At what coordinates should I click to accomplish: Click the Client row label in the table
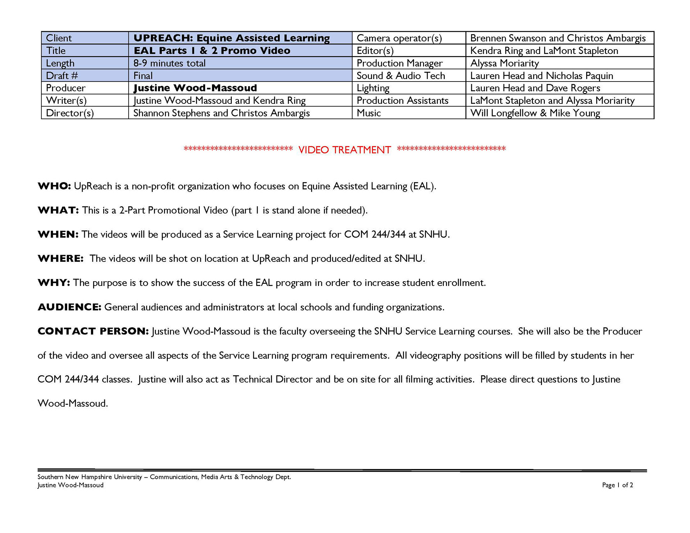pyautogui.click(x=59, y=38)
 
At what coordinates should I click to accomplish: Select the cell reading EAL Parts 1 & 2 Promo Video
pyautogui.click(x=212, y=51)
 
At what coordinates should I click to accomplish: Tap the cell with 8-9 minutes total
pyautogui.click(x=169, y=63)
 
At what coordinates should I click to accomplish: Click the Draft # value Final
pyautogui.click(x=143, y=76)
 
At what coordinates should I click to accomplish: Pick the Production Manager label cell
pyautogui.click(x=399, y=63)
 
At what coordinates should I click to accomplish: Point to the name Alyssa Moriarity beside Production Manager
pyautogui.click(x=505, y=63)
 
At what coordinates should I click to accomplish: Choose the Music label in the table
pyautogui.click(x=368, y=113)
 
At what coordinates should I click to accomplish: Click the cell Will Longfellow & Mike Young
pyautogui.click(x=535, y=113)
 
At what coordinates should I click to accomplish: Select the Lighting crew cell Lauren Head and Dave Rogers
pyautogui.click(x=535, y=88)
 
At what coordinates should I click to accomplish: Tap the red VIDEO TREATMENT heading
pyautogui.click(x=344, y=150)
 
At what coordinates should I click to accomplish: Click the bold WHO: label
pyautogui.click(x=54, y=186)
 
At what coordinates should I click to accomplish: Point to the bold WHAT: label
pyautogui.click(x=58, y=210)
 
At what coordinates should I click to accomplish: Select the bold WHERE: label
pyautogui.click(x=60, y=259)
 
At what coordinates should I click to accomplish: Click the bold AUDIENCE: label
pyautogui.click(x=69, y=307)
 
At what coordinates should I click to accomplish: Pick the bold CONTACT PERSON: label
pyautogui.click(x=93, y=331)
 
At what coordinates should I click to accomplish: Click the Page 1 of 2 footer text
pyautogui.click(x=617, y=485)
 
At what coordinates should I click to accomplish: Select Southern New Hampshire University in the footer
pyautogui.click(x=89, y=477)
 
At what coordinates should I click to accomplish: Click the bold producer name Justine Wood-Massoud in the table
pyautogui.click(x=195, y=88)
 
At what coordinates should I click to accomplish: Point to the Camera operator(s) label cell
pyautogui.click(x=399, y=38)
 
